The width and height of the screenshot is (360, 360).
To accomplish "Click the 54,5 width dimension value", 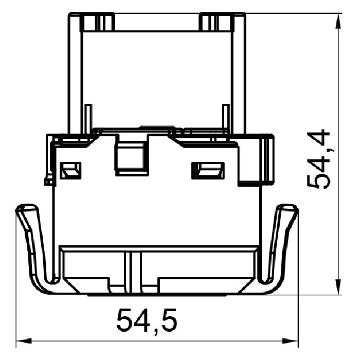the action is tap(147, 320).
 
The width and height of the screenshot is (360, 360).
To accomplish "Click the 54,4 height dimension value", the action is tap(319, 159).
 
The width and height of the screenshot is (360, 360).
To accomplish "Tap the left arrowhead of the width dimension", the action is tap(24, 340).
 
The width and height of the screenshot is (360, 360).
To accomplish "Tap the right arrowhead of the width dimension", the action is tap(290, 340).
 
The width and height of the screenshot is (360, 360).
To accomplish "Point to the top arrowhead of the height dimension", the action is tap(338, 22).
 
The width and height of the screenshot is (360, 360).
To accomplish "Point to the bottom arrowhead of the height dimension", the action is tap(338, 286).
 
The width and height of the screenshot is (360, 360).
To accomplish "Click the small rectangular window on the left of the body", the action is tap(70, 171).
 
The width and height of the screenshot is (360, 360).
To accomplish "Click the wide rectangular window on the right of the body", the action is tap(208, 171).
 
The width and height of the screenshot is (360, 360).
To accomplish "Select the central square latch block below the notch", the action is tap(131, 159).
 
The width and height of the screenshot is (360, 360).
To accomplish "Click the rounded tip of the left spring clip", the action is tap(26, 207).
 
